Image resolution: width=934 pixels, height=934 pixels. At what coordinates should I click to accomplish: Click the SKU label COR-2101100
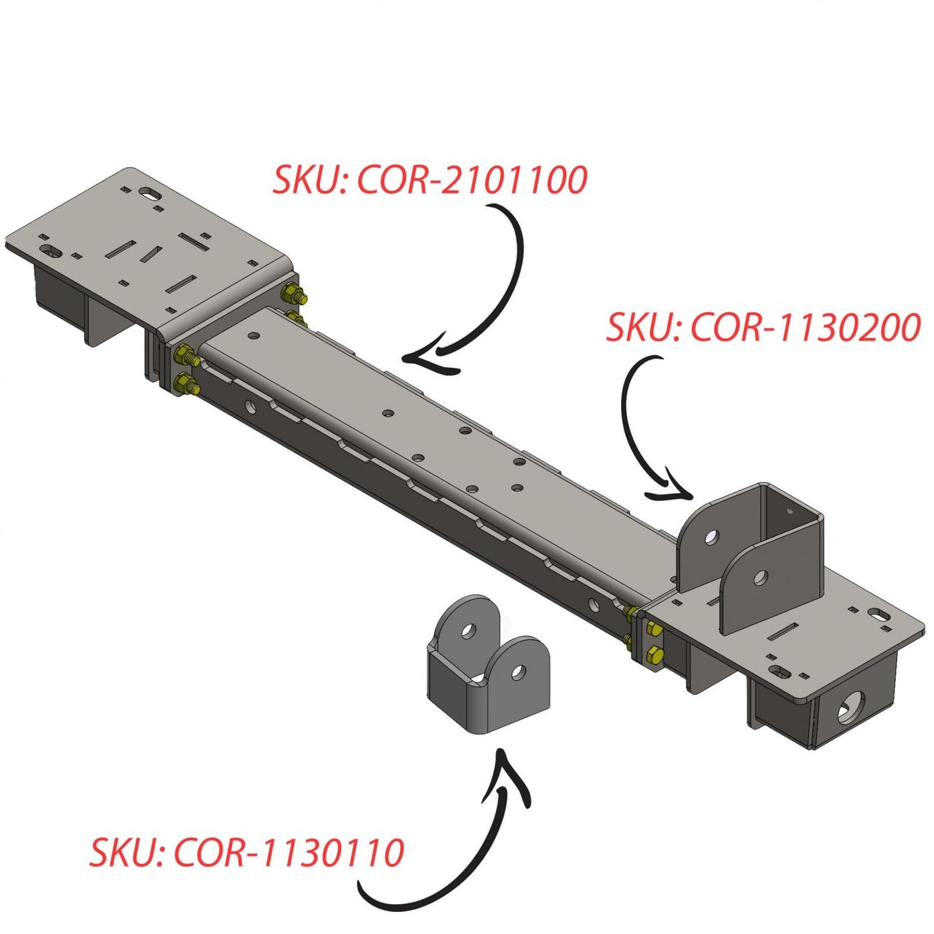(x=430, y=180)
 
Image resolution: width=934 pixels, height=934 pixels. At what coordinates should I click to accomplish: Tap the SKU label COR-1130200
(x=763, y=328)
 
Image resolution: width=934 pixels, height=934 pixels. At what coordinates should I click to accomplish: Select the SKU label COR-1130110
(x=247, y=853)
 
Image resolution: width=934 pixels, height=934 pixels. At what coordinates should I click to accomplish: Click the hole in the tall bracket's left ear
(x=712, y=536)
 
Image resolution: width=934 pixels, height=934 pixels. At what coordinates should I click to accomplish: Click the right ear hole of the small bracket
(x=518, y=673)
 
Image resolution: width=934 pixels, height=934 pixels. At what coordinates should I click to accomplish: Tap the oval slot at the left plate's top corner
(x=150, y=193)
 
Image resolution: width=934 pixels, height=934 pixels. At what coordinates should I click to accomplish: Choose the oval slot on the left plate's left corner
(x=49, y=249)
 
